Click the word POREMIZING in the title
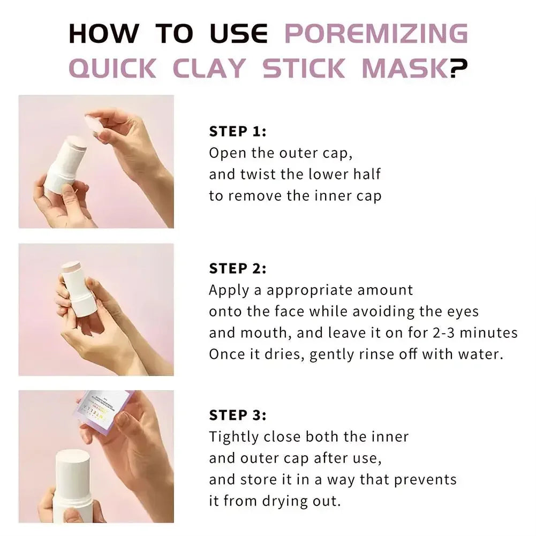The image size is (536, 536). click(x=375, y=33)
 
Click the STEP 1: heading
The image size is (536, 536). click(x=237, y=131)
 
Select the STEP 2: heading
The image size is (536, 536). click(x=237, y=268)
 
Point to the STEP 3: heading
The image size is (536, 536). click(x=237, y=415)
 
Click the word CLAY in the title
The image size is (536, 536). click(x=209, y=68)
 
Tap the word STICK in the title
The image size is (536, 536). click(x=304, y=68)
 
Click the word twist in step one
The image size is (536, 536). click(x=269, y=174)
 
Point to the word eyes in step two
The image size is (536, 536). click(x=462, y=312)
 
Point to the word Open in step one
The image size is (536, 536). click(x=228, y=153)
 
